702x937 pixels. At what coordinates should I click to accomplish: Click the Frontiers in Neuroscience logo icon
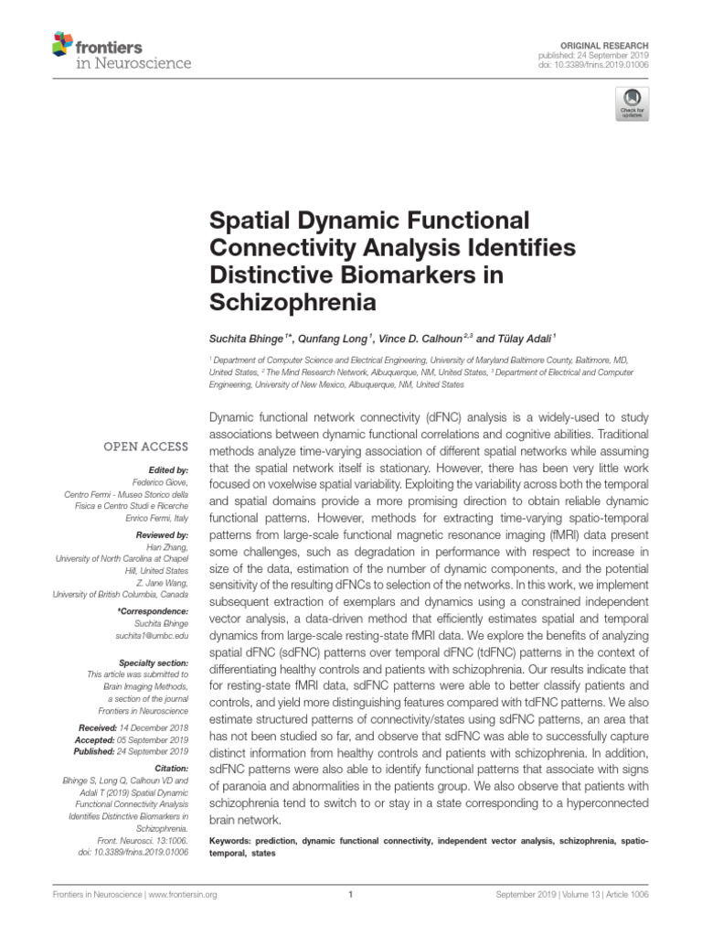(x=62, y=43)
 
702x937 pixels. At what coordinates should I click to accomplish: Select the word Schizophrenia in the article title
(x=292, y=301)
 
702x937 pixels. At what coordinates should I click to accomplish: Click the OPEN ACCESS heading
(x=145, y=447)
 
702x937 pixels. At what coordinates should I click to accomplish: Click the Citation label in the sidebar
(x=171, y=769)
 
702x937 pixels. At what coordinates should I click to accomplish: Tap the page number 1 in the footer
(x=351, y=895)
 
